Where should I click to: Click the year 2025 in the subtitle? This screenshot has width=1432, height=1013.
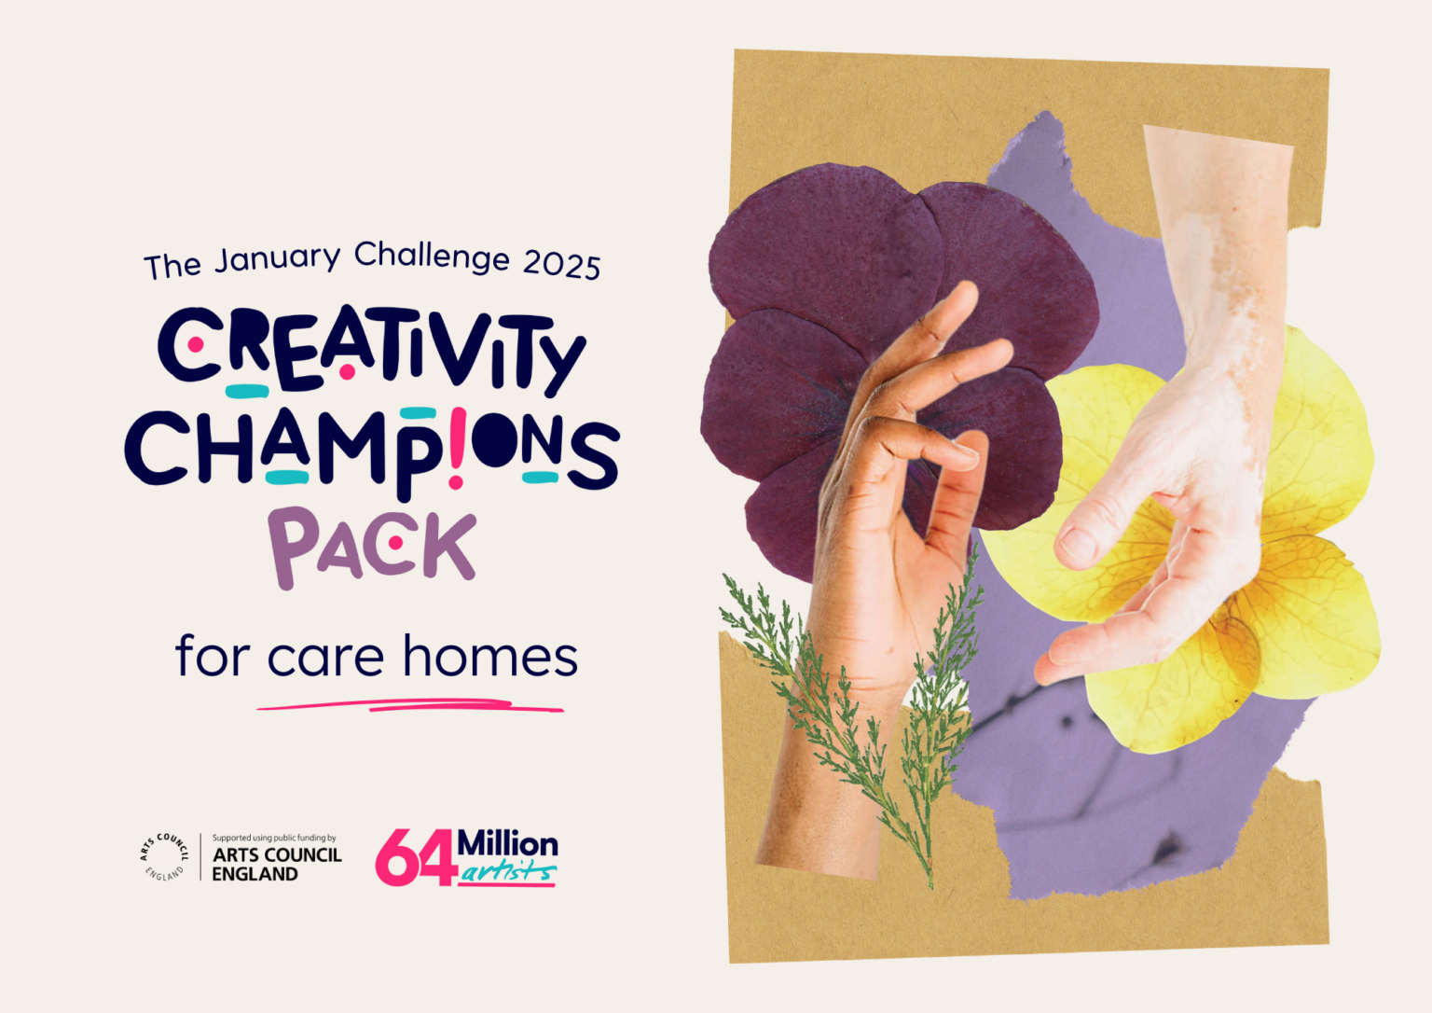coord(562,265)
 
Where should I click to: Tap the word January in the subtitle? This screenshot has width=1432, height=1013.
coord(278,258)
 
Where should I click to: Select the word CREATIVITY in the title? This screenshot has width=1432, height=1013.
coord(371,350)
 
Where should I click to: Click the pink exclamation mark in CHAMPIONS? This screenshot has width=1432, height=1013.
coord(457,449)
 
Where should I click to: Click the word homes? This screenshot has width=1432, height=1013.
coord(490,656)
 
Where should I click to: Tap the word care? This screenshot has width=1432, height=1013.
coord(325,659)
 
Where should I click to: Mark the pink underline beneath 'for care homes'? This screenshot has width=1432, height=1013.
coord(410,705)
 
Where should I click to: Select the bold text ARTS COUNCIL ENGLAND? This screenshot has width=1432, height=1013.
coord(277,865)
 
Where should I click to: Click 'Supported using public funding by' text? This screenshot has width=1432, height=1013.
coord(274,838)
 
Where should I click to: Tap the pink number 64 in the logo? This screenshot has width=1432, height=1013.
coord(416,857)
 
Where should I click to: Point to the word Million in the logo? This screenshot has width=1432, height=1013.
coord(508,844)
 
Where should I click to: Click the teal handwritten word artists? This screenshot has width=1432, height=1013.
coord(508,872)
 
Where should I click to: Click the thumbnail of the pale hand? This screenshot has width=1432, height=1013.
coord(1079,544)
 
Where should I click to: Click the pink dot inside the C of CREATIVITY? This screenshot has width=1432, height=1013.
coord(196,345)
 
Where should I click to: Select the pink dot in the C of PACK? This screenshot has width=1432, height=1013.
coord(395,543)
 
